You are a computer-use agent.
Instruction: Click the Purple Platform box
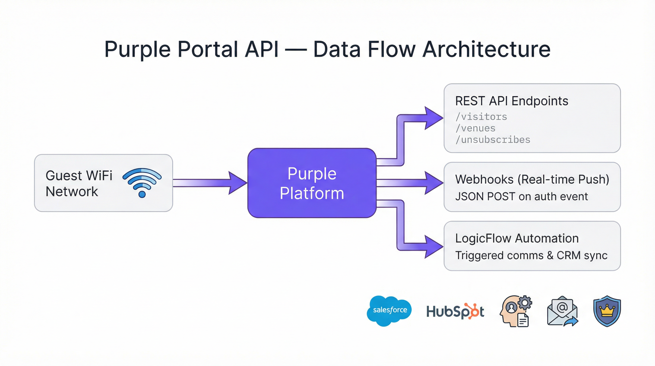pyautogui.click(x=312, y=183)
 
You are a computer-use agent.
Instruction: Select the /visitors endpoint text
pyautogui.click(x=481, y=117)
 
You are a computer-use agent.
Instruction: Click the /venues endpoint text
pyautogui.click(x=476, y=128)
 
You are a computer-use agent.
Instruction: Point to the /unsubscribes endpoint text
pyautogui.click(x=493, y=140)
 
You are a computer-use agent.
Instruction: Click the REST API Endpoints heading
pyautogui.click(x=511, y=101)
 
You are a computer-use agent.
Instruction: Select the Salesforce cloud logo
pyautogui.click(x=389, y=310)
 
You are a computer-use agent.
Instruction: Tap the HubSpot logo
pyautogui.click(x=455, y=311)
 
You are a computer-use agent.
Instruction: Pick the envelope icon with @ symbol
pyautogui.click(x=562, y=311)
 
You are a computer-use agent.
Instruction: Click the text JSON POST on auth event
pyautogui.click(x=521, y=197)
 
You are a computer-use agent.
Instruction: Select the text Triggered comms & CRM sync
pyautogui.click(x=531, y=255)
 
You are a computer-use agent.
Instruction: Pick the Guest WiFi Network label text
pyautogui.click(x=79, y=183)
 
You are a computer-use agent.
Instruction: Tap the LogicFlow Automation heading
pyautogui.click(x=517, y=239)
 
